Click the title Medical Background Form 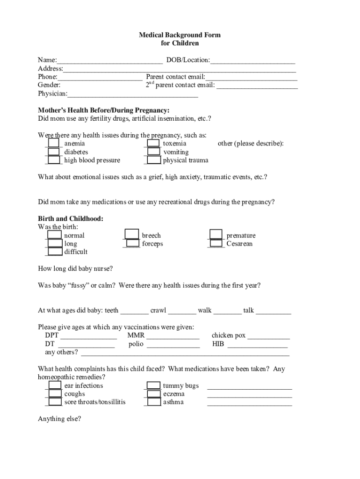180,35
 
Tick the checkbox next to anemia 54,143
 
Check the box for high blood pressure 54,160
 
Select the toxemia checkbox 153,143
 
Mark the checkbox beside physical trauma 153,160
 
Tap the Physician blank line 133,94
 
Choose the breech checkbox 132,235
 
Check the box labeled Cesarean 216,243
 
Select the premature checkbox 216,235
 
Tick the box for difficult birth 55,252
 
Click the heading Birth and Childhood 71,218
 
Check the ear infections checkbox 55,385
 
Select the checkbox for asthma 153,402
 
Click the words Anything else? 59,419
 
